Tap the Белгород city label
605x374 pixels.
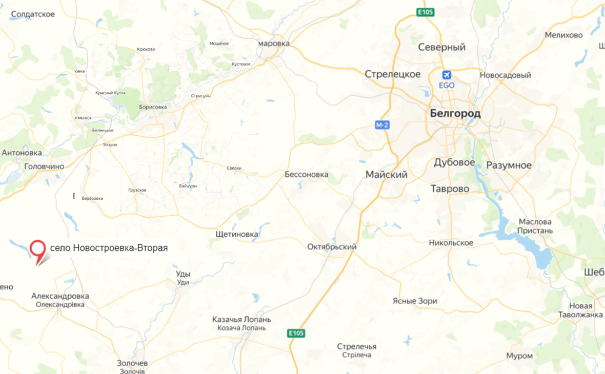[455, 114]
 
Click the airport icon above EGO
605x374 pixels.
[447, 74]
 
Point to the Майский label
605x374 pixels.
[387, 175]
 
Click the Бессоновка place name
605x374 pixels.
[307, 175]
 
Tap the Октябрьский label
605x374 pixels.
[332, 247]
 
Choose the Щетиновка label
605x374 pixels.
[237, 235]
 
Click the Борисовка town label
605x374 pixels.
[153, 107]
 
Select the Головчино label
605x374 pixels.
[44, 167]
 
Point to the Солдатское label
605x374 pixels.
[32, 14]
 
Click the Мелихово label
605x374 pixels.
[564, 35]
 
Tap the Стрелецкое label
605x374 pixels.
[393, 74]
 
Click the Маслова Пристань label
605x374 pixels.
[535, 226]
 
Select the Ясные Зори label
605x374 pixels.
[415, 301]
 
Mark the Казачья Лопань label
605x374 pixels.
[241, 320]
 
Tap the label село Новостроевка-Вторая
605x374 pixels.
[109, 248]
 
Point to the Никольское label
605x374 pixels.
[451, 243]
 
